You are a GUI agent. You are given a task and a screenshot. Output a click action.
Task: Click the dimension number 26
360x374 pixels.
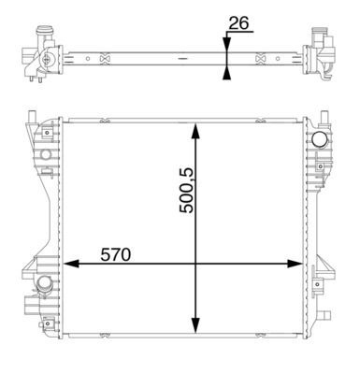[x=238, y=22]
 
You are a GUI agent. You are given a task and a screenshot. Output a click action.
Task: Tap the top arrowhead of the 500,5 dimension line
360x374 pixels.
[x=195, y=132]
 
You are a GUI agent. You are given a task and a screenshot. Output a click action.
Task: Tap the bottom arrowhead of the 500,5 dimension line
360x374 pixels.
[x=195, y=329]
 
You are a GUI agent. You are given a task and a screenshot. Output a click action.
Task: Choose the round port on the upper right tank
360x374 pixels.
[x=320, y=140]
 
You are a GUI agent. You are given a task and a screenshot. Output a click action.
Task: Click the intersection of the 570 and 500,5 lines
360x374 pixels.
[x=195, y=264]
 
